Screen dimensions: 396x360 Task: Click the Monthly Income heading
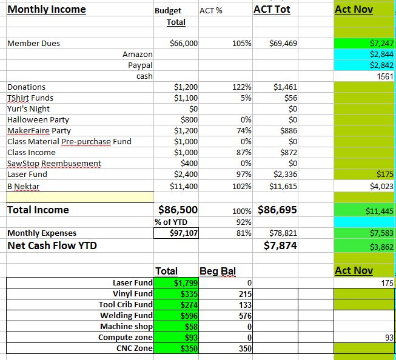coord(47,10)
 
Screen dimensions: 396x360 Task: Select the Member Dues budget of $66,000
coord(184,44)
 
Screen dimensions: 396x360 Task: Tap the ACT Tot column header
coord(272,10)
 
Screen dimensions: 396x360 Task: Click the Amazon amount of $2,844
coord(381,55)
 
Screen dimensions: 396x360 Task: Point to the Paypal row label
coord(140,65)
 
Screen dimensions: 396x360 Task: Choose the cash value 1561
coord(385,76)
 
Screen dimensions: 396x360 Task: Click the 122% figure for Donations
coord(242,87)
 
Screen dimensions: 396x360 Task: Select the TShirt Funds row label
coord(30,98)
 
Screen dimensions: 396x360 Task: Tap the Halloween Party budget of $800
coord(189,119)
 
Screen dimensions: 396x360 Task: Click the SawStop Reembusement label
coord(55,164)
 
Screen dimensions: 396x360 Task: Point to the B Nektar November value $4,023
coord(381,186)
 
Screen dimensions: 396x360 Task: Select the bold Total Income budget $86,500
coord(178,210)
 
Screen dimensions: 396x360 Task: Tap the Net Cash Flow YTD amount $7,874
coord(280,245)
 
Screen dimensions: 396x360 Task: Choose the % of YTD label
coord(171,222)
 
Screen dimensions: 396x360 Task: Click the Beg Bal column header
coord(218,271)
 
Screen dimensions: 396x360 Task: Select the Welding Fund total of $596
coord(189,316)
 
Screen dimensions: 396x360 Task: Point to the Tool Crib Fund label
coord(126,305)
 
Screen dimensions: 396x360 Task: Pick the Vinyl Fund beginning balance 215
coord(245,294)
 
